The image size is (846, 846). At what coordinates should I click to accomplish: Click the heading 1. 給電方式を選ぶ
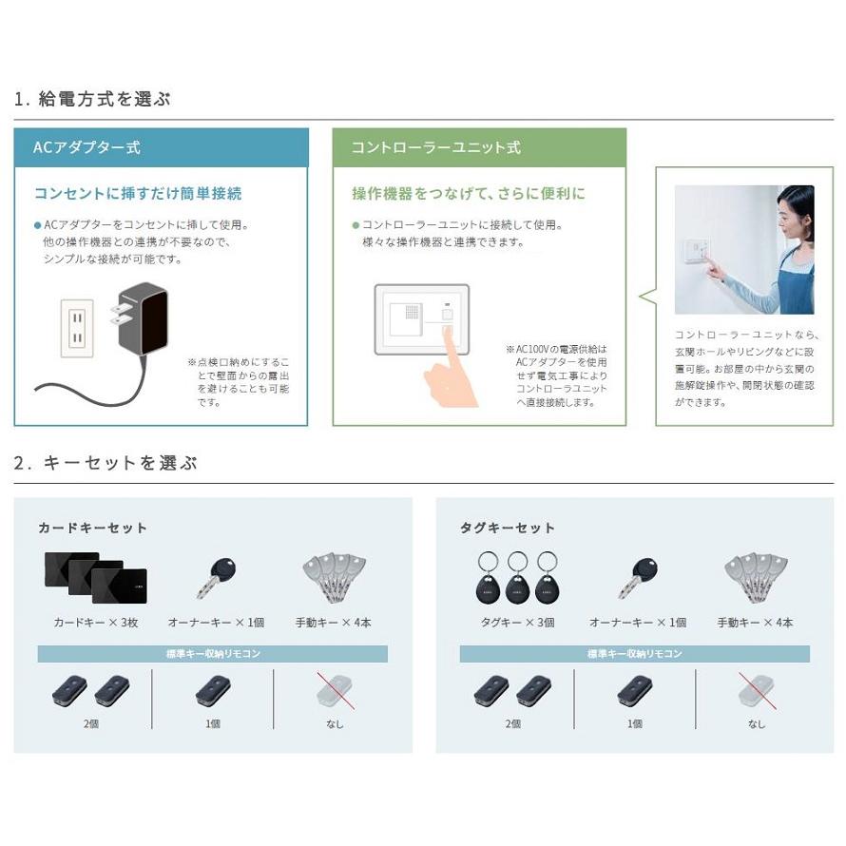pos(92,99)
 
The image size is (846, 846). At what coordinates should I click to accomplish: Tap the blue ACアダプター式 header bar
pos(161,147)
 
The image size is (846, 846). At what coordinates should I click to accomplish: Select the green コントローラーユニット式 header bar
pos(479,147)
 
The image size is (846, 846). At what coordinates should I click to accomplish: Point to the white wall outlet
pos(77,328)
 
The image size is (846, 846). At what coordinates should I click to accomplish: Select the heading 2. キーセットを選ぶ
pos(106,464)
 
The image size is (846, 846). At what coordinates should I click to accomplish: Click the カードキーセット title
pos(92,528)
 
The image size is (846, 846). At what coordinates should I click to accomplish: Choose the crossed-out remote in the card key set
pos(335,693)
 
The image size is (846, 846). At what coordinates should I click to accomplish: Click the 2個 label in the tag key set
pos(513,723)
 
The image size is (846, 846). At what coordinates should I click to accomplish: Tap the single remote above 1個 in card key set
pos(213,692)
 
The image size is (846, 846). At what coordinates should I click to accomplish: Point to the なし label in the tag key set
pos(756,723)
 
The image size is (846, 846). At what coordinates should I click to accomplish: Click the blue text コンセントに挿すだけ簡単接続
pos(138,194)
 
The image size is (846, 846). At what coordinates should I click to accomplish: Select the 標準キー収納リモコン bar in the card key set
pos(212,654)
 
